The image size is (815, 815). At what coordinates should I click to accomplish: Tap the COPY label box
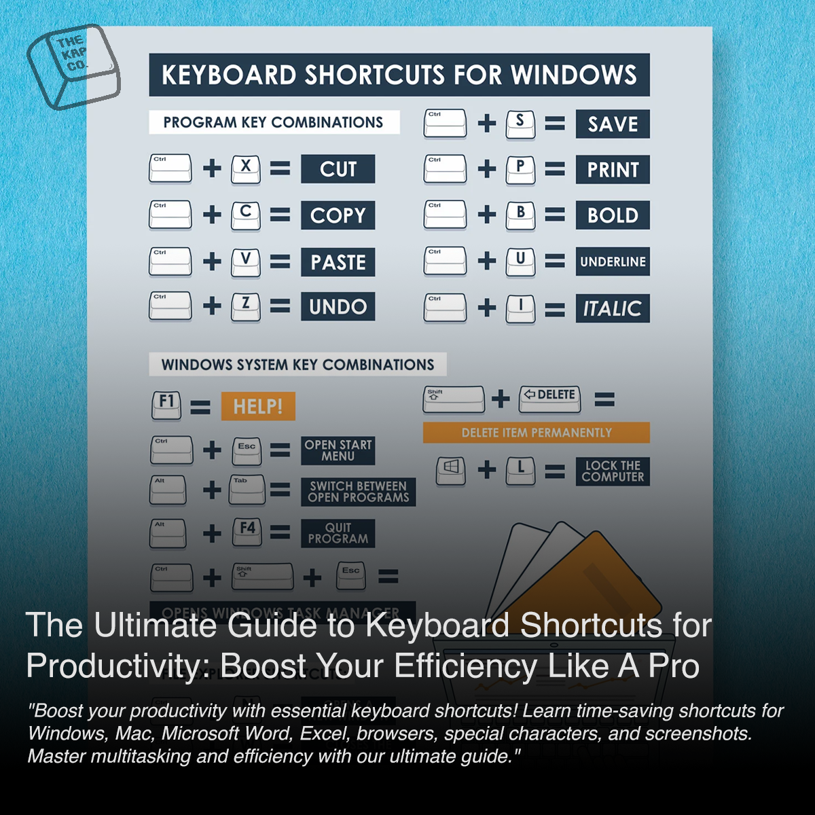(338, 215)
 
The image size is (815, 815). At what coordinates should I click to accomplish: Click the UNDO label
(338, 307)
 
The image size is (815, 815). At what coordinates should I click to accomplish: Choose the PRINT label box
(613, 170)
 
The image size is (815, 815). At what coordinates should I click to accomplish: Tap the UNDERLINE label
(613, 261)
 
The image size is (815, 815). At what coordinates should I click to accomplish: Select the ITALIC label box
(613, 308)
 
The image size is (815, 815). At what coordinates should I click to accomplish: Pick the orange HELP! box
(258, 406)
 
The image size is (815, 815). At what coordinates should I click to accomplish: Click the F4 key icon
(247, 531)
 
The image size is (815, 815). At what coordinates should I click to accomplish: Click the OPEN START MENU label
(338, 450)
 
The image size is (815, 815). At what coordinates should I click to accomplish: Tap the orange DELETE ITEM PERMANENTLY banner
(536, 433)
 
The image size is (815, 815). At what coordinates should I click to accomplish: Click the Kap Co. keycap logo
(73, 66)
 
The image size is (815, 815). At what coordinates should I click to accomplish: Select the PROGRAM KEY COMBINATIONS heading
(274, 122)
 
